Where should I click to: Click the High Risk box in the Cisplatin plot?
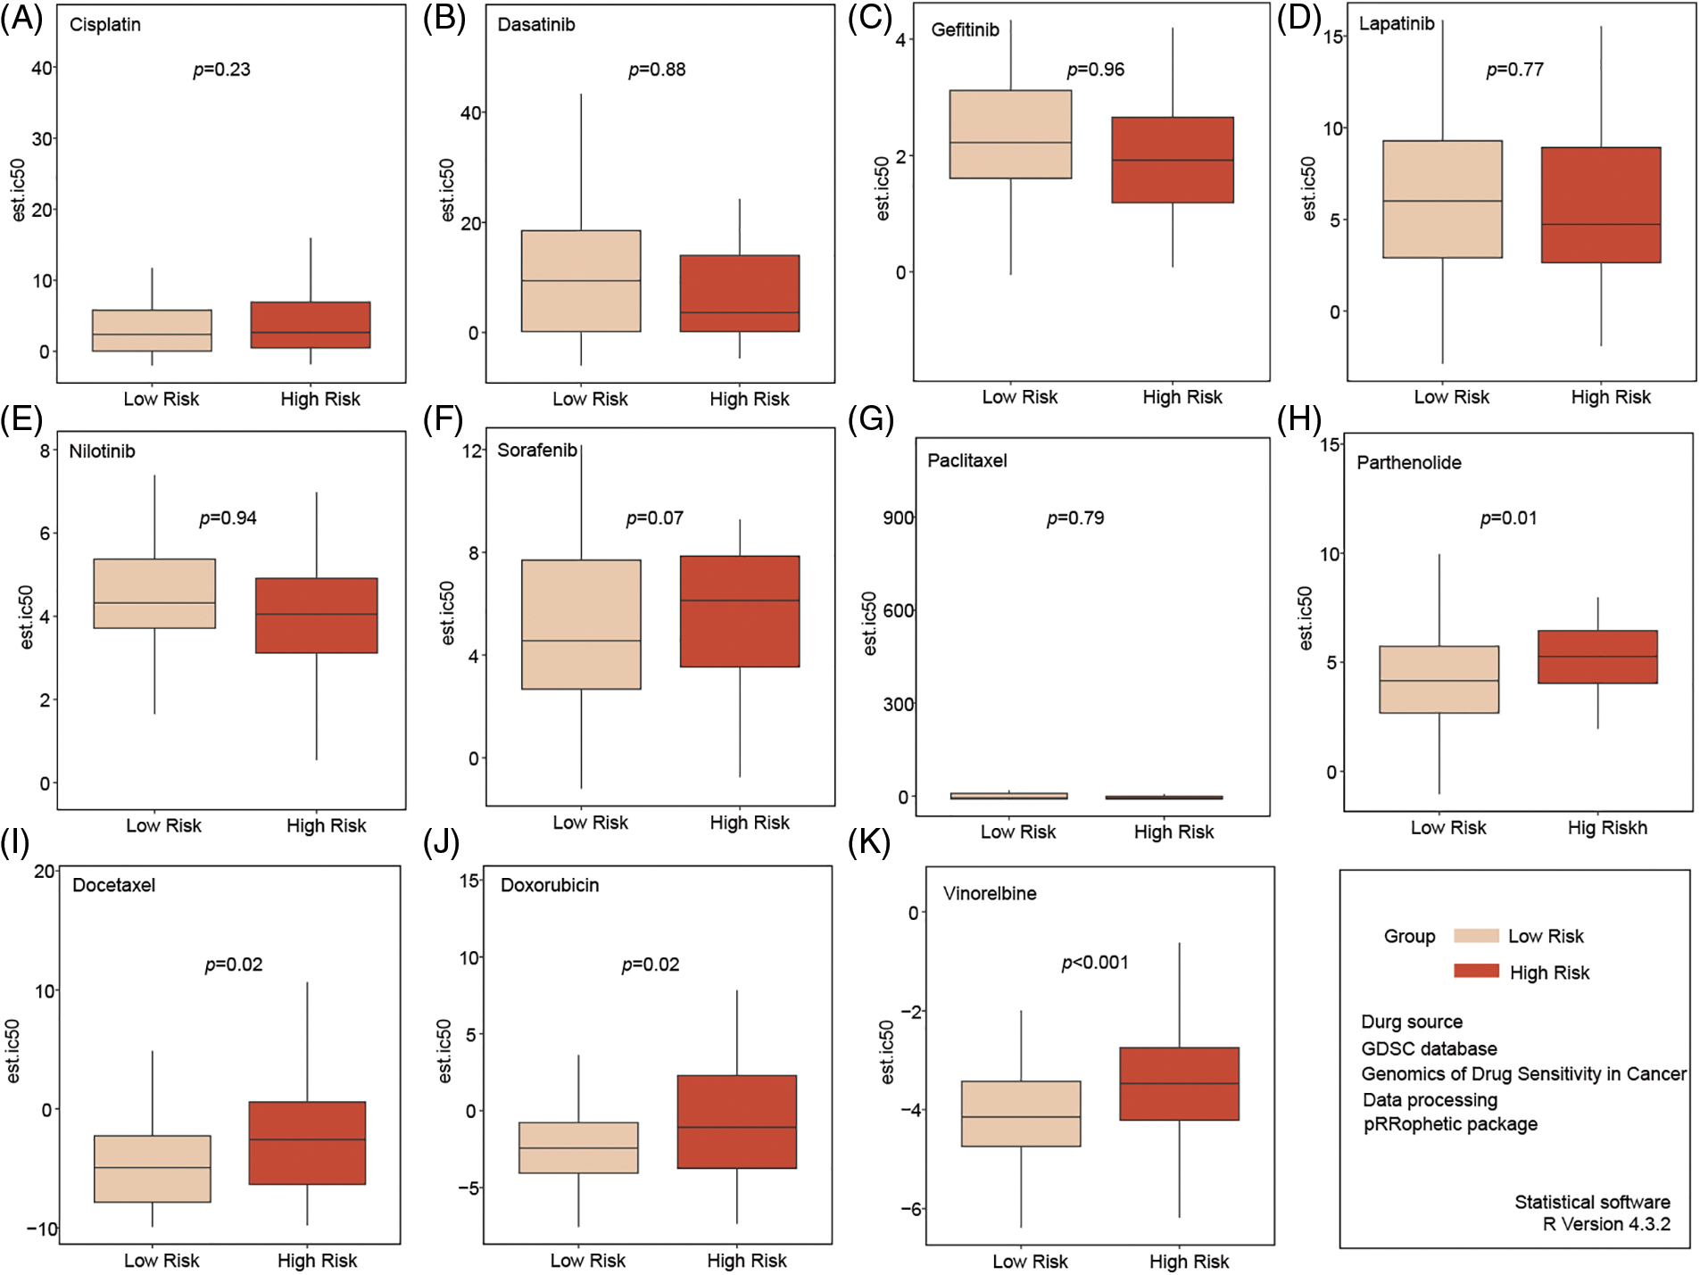coord(311,325)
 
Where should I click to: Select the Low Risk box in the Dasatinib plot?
coord(581,281)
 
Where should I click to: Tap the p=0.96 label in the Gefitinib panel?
coord(1095,70)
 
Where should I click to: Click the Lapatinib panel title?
coord(1396,24)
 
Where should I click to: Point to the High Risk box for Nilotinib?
coord(317,616)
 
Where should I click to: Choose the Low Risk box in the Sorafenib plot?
coord(581,625)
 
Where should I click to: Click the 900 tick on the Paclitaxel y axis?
coord(898,517)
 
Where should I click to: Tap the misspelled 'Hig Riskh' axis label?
coord(1607,828)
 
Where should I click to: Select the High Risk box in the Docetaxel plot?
coord(307,1143)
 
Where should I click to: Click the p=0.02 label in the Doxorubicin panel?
coord(651,965)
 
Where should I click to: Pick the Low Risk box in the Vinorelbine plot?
coord(1021,1114)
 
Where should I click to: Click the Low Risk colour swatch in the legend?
coord(1476,936)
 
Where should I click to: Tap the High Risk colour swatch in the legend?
coord(1476,971)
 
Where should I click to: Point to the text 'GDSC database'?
coord(1429,1048)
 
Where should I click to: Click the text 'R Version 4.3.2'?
coord(1606,1224)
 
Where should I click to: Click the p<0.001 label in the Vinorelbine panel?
coord(1095,963)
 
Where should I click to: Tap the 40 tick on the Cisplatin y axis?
coord(42,68)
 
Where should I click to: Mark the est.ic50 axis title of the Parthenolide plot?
coord(1306,617)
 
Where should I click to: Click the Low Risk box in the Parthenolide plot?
coord(1439,679)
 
